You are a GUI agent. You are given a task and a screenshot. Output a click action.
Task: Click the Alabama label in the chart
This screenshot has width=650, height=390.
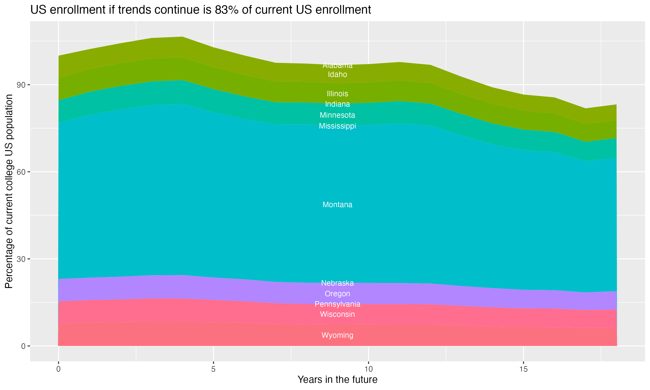tap(337, 65)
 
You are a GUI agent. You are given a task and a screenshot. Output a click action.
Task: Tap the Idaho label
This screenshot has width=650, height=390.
tap(337, 75)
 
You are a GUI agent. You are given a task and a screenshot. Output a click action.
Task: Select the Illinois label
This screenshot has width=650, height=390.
tap(337, 94)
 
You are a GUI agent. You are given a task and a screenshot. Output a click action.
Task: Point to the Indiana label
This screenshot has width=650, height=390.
tap(337, 104)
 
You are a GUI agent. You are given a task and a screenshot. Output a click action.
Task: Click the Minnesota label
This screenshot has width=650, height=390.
tap(337, 115)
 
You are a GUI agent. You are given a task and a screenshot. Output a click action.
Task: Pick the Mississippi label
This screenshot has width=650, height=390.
tap(337, 126)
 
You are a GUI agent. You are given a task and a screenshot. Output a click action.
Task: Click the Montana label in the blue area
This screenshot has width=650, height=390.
tap(337, 205)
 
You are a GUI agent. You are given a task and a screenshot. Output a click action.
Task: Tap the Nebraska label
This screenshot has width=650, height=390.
tap(337, 283)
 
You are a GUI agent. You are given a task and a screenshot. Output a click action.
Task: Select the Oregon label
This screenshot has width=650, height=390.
tap(337, 294)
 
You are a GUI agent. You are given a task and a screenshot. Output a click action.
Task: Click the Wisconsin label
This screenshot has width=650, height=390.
tap(337, 314)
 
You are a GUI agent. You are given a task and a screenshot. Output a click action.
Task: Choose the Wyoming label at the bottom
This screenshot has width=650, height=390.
tap(337, 335)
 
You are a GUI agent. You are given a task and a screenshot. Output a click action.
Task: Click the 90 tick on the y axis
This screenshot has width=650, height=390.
tap(21, 85)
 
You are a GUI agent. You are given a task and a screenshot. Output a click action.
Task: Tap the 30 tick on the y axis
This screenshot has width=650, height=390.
tap(21, 259)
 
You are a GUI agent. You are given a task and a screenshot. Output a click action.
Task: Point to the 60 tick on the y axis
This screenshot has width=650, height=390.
tap(21, 172)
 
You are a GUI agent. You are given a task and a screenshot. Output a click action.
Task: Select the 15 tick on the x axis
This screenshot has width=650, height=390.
tap(523, 369)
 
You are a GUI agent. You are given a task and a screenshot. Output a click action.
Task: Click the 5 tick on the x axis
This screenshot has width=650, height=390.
tap(213, 369)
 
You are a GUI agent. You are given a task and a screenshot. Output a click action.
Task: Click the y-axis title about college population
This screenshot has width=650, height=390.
tap(9, 191)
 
